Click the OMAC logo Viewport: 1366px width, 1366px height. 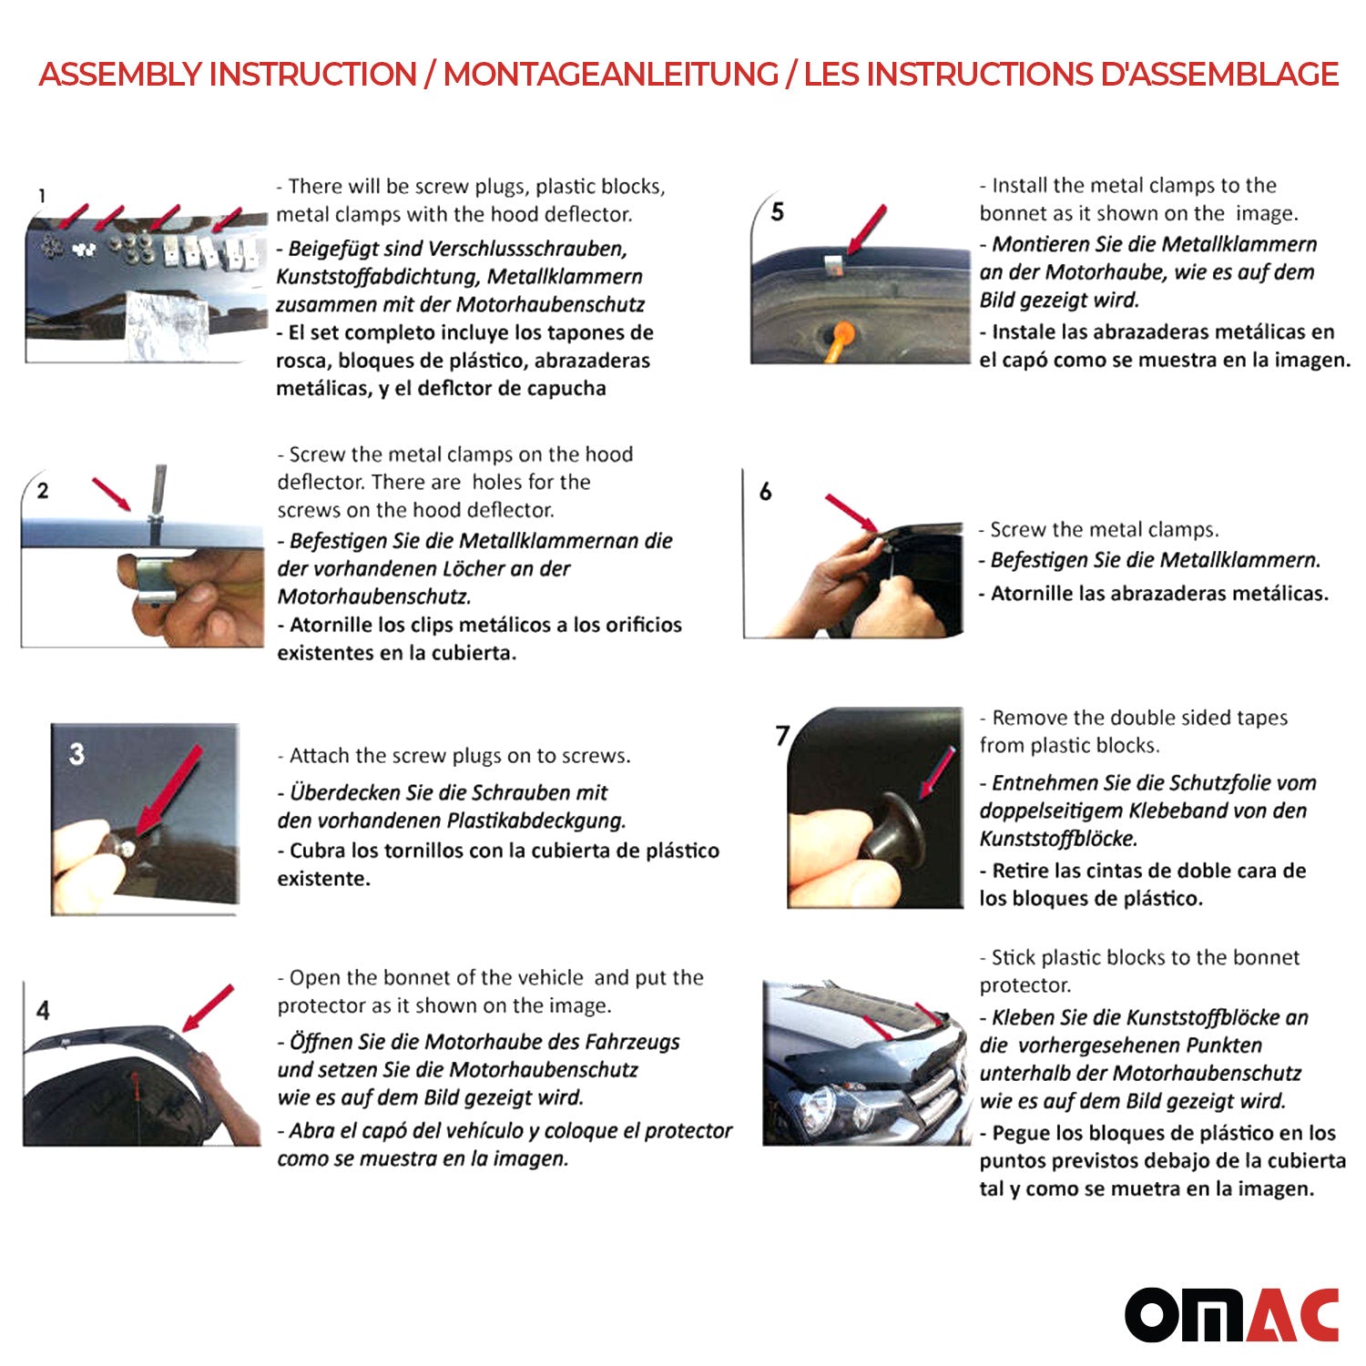tap(1231, 1314)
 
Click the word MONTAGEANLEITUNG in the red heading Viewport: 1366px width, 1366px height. tap(610, 75)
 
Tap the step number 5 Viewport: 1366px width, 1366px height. tap(777, 212)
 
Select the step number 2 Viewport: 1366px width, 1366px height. tap(43, 491)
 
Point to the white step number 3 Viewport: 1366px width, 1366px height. tap(76, 753)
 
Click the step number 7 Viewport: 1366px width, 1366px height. tap(781, 735)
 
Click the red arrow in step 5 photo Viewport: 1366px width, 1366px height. tap(866, 228)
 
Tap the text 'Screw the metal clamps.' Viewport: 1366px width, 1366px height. tap(1103, 529)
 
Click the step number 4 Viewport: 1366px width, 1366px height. tap(43, 1010)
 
